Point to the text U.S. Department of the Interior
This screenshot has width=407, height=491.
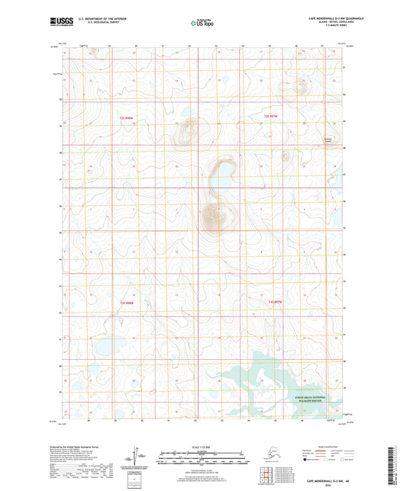tap(95, 18)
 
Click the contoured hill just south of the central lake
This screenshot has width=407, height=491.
tap(215, 218)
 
